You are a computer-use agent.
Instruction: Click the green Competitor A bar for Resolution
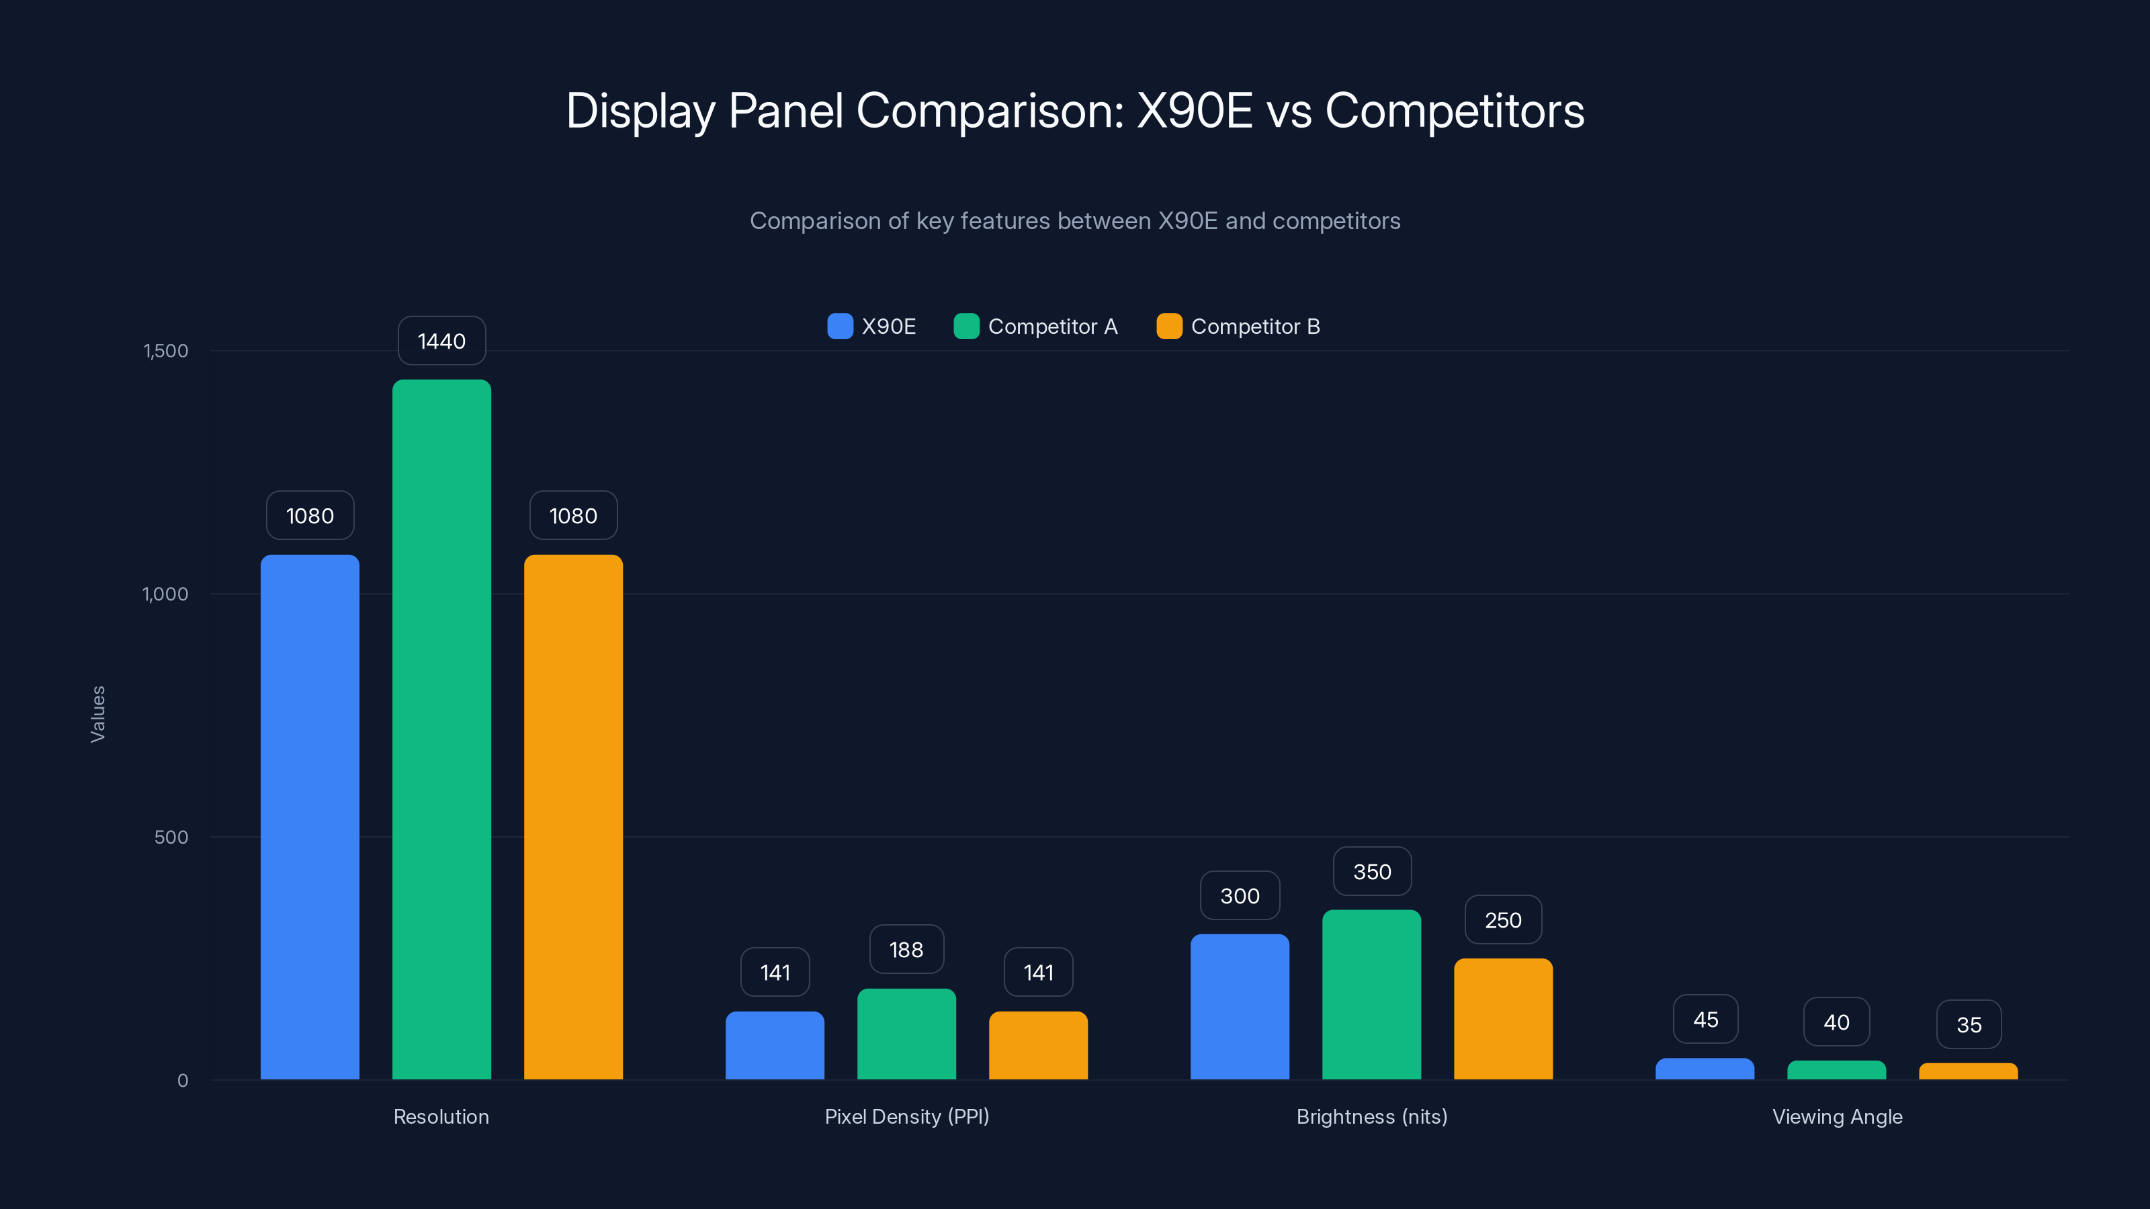[x=441, y=730]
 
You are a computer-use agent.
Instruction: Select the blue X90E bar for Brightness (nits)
[x=1240, y=1006]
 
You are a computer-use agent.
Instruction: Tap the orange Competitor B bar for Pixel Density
[x=1038, y=1046]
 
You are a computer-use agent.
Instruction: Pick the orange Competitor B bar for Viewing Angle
[x=1968, y=1071]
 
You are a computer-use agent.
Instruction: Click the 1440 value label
[x=441, y=341]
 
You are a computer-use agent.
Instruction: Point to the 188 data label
[x=906, y=950]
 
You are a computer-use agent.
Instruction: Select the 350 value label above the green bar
[x=1372, y=872]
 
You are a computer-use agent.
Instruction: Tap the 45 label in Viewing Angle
[x=1705, y=1020]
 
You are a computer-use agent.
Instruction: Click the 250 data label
[x=1503, y=920]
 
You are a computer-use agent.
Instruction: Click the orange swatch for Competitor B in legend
[x=1169, y=326]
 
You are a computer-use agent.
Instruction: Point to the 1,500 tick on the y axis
[x=165, y=351]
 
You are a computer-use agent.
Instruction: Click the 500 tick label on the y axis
[x=171, y=837]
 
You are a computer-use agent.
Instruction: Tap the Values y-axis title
[x=97, y=714]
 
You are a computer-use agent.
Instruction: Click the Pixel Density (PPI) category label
[x=906, y=1116]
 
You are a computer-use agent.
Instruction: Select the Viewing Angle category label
[x=1837, y=1116]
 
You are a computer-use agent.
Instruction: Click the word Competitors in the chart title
[x=1454, y=111]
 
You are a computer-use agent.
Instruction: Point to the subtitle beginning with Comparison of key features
[x=1075, y=221]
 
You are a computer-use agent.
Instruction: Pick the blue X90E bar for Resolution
[x=310, y=817]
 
